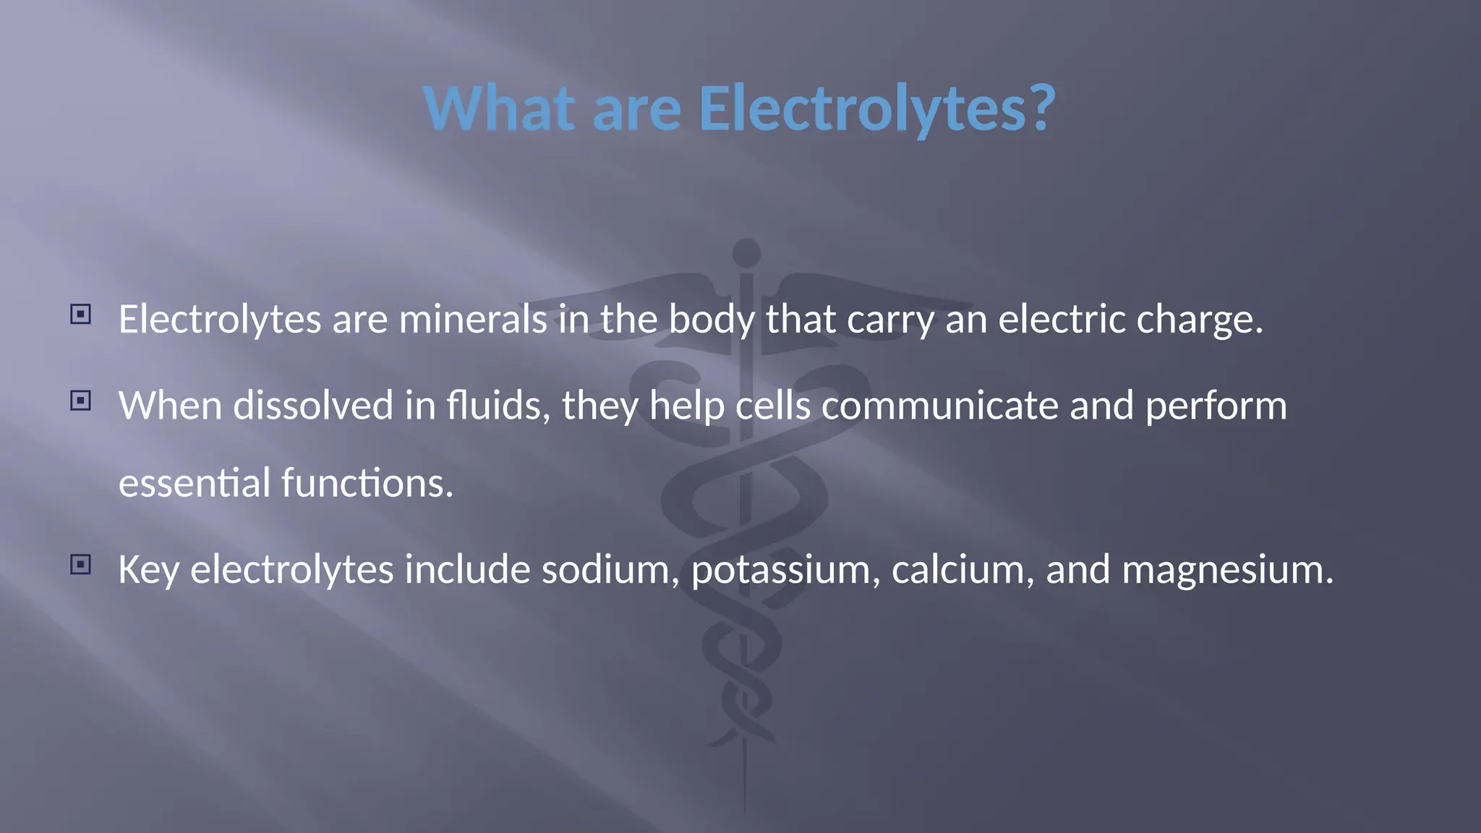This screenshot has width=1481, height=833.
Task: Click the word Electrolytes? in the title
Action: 876,108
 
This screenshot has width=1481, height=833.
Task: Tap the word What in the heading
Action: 499,108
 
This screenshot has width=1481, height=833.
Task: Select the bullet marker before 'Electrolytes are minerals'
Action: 81,315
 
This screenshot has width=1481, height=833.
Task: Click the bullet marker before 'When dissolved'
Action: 81,401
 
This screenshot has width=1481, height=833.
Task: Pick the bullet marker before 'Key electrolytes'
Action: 81,565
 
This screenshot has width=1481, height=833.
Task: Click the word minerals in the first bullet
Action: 473,319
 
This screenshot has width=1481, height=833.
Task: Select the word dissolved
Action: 313,405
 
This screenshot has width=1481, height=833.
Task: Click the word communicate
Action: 939,405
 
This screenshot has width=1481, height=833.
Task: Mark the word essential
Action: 195,483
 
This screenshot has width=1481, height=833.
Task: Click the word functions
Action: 367,483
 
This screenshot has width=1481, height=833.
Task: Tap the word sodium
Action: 610,570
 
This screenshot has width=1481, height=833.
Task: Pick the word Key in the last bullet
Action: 148,570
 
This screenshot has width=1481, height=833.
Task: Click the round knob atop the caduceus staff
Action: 746,253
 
